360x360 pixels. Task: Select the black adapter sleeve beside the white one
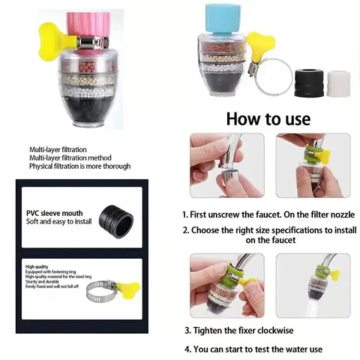(x=308, y=82)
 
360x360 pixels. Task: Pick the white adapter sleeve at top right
(x=338, y=83)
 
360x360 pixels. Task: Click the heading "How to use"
(x=268, y=119)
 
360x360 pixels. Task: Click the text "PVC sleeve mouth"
(x=54, y=213)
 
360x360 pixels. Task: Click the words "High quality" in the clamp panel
(x=36, y=267)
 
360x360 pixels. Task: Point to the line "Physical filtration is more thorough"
(x=79, y=166)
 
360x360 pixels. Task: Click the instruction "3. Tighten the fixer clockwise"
(x=238, y=330)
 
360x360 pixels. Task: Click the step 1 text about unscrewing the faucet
(x=268, y=214)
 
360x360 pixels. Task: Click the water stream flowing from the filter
(x=314, y=305)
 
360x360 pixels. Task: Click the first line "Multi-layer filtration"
(x=57, y=149)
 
